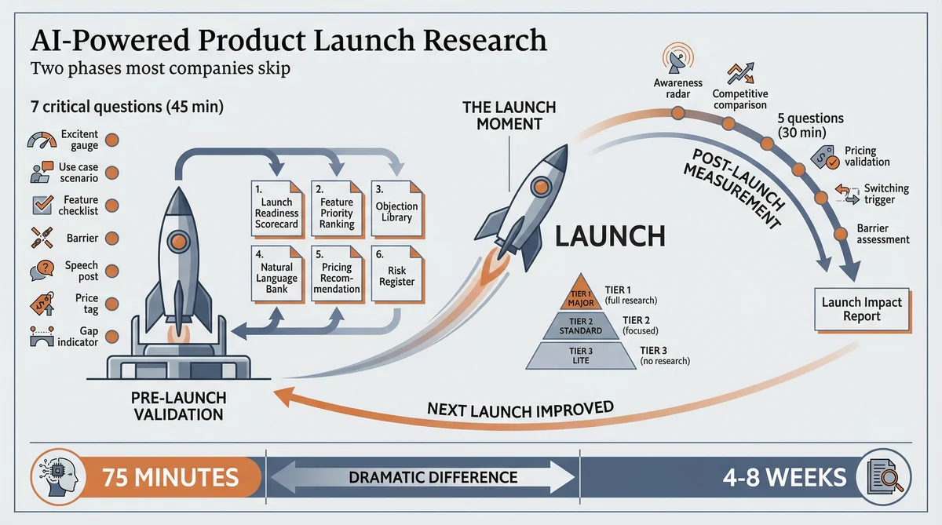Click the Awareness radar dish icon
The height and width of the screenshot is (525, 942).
677,58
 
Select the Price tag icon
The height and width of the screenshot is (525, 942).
39,301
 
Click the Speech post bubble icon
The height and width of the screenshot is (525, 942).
39,270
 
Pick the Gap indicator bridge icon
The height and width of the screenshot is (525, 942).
38,336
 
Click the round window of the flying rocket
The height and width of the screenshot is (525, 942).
539,186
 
